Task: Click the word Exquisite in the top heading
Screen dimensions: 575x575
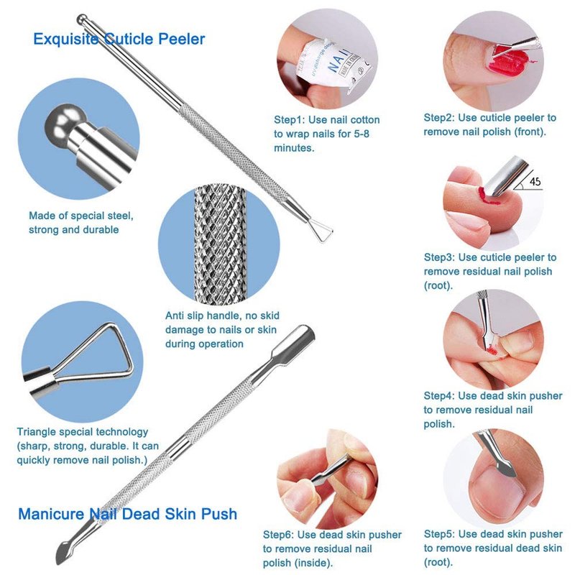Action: pos(66,40)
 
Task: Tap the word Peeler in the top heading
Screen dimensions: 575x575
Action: pos(182,39)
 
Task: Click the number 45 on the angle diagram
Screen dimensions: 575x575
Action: pos(535,181)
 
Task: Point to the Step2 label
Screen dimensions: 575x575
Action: pos(439,118)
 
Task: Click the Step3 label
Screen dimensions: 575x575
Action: pos(439,257)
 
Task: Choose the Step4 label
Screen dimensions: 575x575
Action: pos(439,396)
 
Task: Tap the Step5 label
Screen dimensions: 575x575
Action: pos(439,534)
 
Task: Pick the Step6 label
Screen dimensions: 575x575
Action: pos(278,535)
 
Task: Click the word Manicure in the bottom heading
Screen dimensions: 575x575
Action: pos(51,514)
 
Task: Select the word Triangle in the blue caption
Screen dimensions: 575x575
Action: pos(37,433)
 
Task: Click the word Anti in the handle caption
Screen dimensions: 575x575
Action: pos(175,316)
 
